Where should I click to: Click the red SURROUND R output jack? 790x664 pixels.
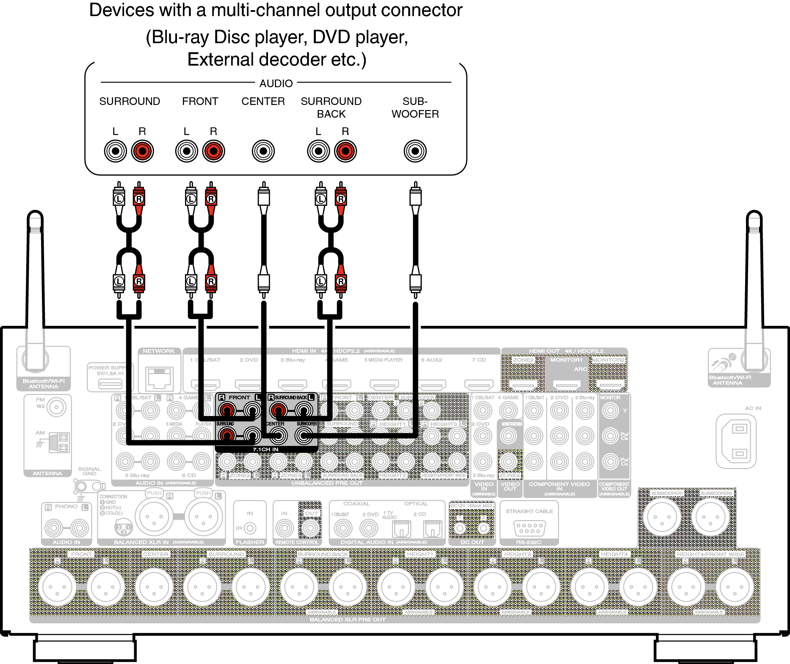tap(142, 151)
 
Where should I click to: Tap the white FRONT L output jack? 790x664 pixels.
tap(186, 151)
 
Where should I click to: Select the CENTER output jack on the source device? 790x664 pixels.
tap(263, 151)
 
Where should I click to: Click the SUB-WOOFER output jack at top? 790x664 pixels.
tap(415, 151)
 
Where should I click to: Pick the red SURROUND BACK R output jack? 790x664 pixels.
tap(345, 151)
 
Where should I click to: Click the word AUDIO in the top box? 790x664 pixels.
tap(276, 83)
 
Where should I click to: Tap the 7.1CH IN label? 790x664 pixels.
tap(265, 449)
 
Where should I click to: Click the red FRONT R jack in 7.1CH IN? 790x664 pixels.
tap(227, 410)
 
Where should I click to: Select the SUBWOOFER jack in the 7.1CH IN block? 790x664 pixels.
tap(304, 435)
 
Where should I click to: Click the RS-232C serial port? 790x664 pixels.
tap(529, 528)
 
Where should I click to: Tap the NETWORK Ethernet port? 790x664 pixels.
tap(159, 378)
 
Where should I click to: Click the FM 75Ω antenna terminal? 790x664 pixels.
tap(56, 408)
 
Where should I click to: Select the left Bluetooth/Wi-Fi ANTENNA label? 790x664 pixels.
tap(44, 384)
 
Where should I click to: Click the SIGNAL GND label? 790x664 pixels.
tap(89, 471)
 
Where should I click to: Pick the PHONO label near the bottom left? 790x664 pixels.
tap(66, 506)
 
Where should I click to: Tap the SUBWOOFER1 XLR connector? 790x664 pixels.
tap(662, 517)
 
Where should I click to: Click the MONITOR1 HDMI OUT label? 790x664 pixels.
tap(566, 360)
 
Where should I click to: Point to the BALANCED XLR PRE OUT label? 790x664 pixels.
tap(348, 620)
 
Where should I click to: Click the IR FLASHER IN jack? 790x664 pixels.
tap(250, 528)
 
